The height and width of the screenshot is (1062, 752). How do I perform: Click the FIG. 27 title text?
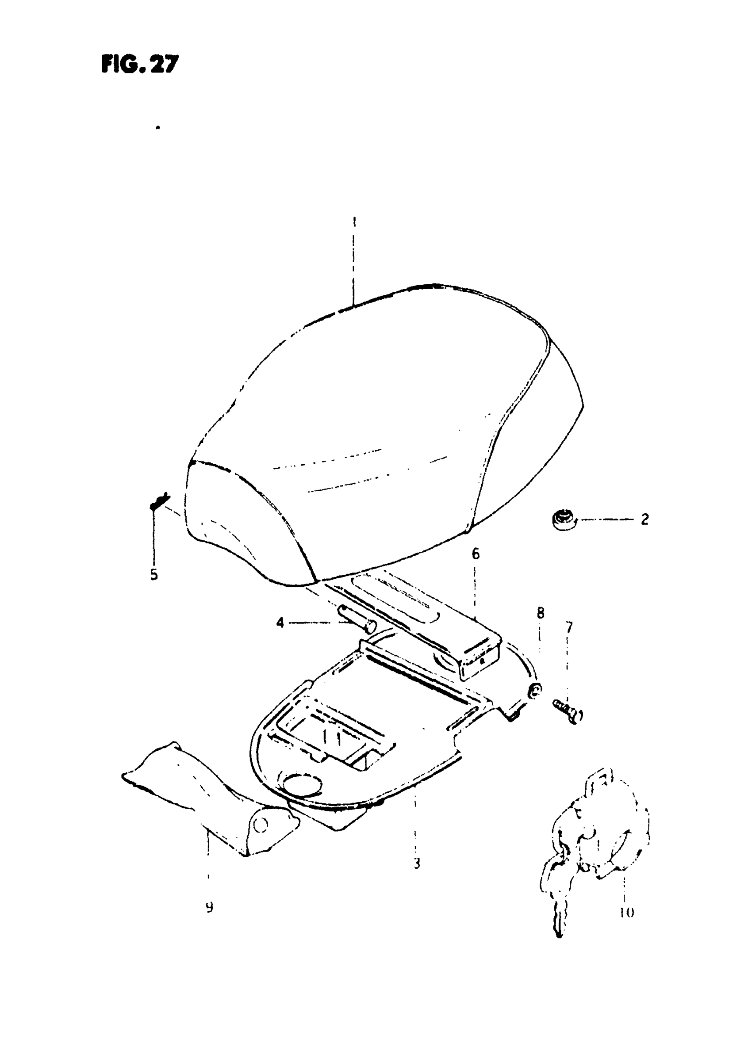pos(139,64)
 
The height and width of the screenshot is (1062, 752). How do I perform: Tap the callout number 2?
pos(645,519)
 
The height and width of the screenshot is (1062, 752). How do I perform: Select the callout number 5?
pos(154,575)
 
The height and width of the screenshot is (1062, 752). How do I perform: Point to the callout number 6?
pos(476,554)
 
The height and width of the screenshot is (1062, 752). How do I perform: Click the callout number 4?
pos(280,623)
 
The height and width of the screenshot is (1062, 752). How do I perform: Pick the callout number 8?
pos(541,613)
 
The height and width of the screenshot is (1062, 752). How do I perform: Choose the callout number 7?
pos(569,627)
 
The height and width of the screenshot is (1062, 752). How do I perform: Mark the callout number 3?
pos(417,863)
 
